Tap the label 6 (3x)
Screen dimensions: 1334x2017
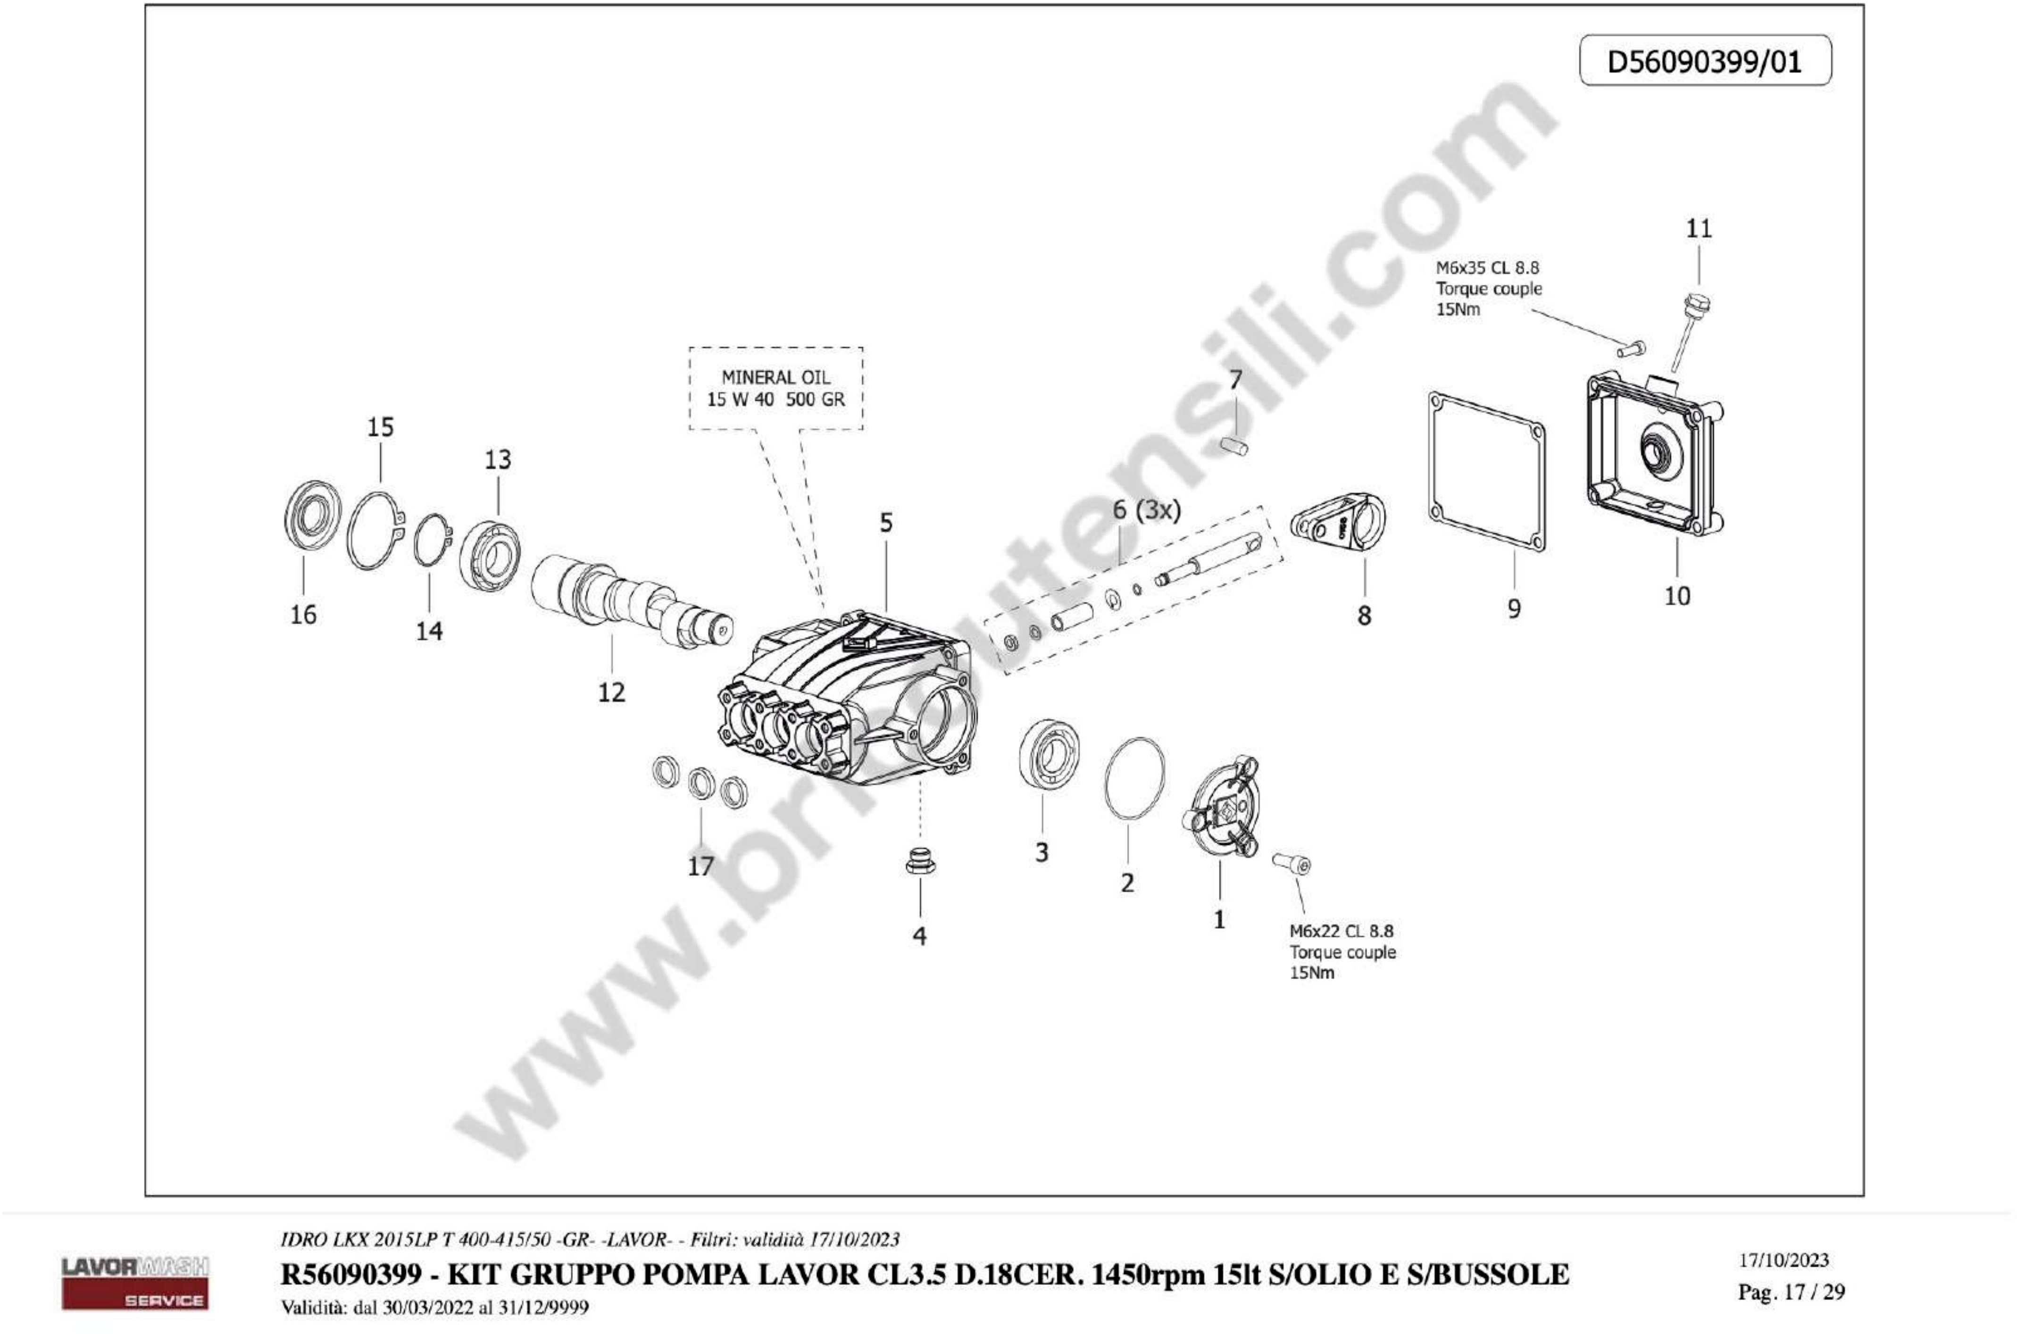tap(1146, 510)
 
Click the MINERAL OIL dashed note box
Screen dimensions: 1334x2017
tap(775, 388)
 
